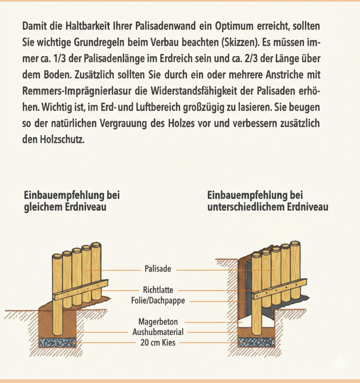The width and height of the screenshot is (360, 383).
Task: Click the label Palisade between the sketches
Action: coord(158,269)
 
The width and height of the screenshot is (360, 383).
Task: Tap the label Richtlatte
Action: coord(158,290)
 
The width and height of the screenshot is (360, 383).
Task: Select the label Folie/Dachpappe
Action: coord(158,301)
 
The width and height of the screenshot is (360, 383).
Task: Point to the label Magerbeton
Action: coord(158,322)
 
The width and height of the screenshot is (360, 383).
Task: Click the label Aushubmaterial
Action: coord(158,332)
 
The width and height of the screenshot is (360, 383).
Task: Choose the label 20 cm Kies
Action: coord(158,342)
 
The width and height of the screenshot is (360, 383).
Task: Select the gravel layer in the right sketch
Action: coord(256,342)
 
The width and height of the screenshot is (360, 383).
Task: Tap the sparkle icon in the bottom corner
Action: coord(340,363)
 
